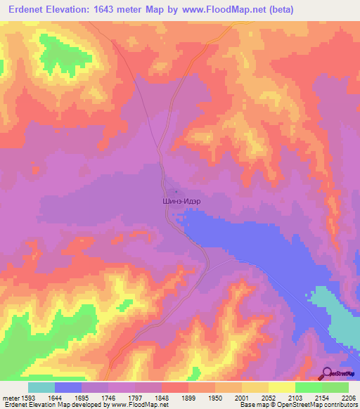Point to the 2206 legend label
click(x=349, y=398)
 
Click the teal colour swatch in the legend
click(x=41, y=387)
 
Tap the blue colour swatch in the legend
click(x=68, y=387)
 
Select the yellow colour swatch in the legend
click(x=281, y=387)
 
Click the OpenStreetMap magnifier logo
click(x=326, y=373)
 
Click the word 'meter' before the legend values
click(x=11, y=398)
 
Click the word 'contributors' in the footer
click(x=340, y=405)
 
